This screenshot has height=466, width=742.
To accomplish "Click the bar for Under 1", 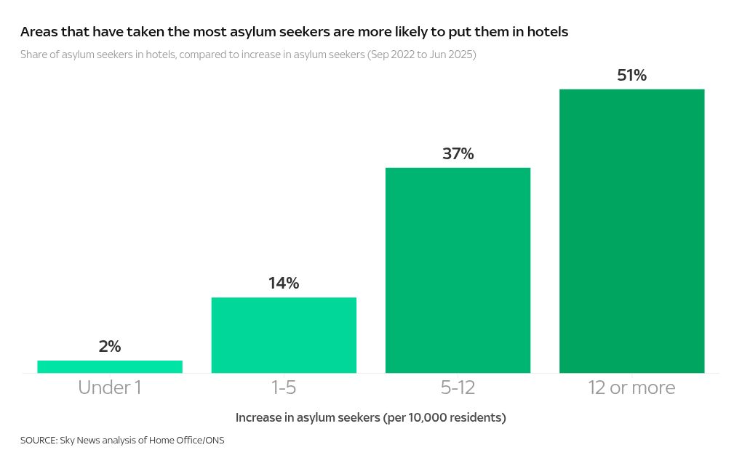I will click(x=110, y=366).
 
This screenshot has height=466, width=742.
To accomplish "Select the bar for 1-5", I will click(x=284, y=335).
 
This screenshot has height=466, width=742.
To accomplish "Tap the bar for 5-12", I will click(x=458, y=270).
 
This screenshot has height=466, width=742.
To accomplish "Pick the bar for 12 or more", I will click(x=631, y=231).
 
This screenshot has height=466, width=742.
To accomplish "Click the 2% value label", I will click(x=110, y=347).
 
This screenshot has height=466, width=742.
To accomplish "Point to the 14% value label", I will click(x=284, y=284).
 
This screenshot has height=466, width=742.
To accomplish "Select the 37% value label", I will click(x=458, y=154).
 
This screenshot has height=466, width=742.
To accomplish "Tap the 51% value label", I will click(x=631, y=76).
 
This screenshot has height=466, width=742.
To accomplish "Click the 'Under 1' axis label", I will click(x=110, y=388).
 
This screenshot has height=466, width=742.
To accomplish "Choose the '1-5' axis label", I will click(x=284, y=388).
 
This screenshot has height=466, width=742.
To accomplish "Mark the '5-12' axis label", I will click(x=458, y=388).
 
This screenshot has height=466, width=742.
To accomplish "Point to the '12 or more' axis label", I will click(x=631, y=388).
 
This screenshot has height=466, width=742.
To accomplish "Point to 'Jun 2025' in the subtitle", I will click(x=450, y=55).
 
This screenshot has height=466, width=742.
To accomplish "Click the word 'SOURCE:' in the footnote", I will click(x=39, y=441).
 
